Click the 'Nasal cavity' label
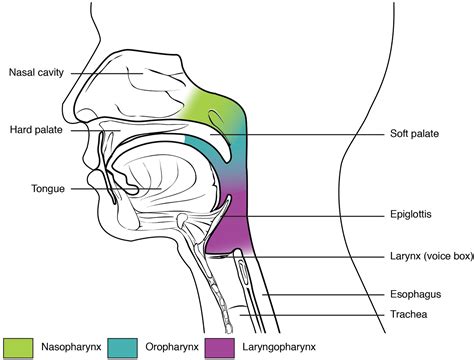click(37, 72)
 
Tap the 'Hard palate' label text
click(35, 130)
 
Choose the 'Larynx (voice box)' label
click(426, 256)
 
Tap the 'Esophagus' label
click(411, 296)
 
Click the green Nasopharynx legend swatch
click(18, 349)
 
